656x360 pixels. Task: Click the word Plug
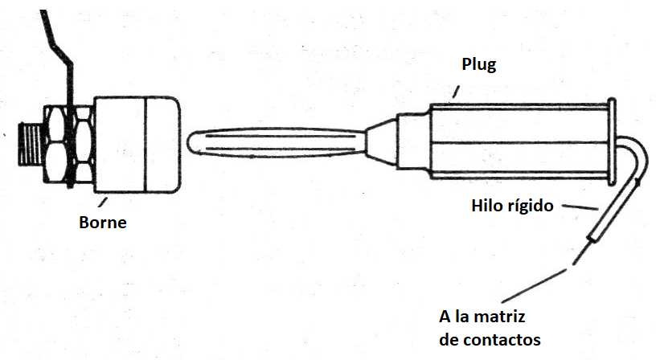479,65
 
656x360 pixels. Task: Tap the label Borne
103,223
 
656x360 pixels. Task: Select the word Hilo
486,205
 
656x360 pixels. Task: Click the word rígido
529,206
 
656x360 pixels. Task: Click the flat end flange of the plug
612,141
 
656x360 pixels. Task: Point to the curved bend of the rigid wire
638,155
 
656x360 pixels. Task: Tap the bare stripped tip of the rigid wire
580,254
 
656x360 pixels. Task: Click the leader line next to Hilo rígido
580,207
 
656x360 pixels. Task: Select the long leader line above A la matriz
535,285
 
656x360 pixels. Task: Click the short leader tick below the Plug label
456,92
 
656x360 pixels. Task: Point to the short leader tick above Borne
103,202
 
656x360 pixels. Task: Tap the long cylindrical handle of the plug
519,141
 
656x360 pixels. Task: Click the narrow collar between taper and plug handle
413,141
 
